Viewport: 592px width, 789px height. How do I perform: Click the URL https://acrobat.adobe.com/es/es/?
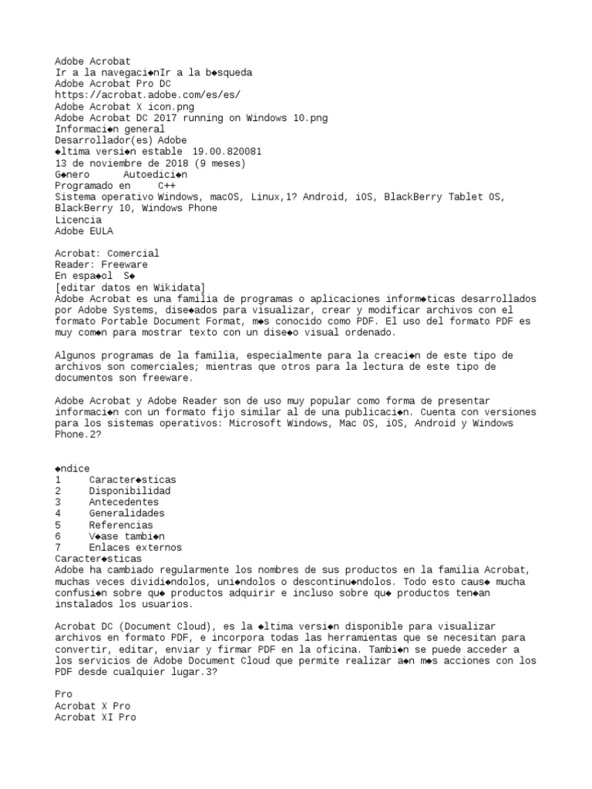click(x=148, y=95)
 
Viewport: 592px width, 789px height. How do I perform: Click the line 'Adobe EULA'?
click(x=83, y=230)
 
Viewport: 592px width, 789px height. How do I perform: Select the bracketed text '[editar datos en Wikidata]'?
click(x=131, y=287)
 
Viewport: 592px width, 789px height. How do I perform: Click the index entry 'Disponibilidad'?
click(x=129, y=491)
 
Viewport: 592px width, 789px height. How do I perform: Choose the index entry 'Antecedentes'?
click(x=124, y=502)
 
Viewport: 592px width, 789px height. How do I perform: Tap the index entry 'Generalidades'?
click(x=126, y=513)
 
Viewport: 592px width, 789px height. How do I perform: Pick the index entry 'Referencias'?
click(x=121, y=525)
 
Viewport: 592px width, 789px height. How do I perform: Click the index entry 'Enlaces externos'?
click(x=135, y=548)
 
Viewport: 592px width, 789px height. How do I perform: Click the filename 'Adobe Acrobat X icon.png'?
click(x=125, y=106)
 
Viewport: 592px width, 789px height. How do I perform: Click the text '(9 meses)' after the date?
click(x=220, y=163)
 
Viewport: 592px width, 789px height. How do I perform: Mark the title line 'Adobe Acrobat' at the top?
click(x=92, y=61)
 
